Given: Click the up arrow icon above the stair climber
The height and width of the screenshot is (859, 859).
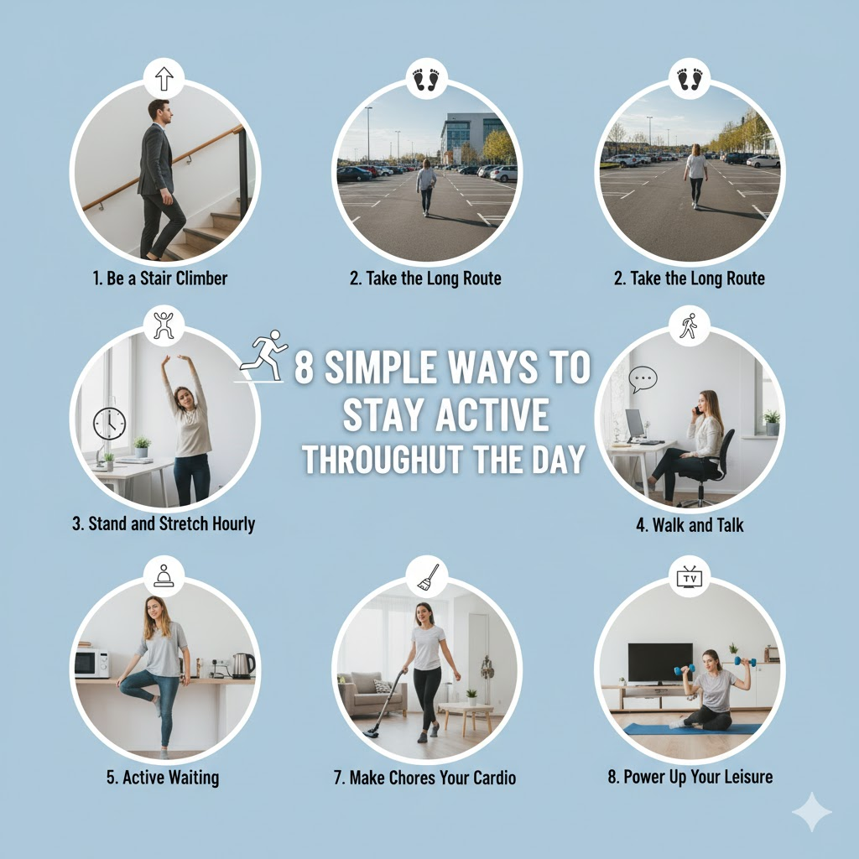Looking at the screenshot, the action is point(164,78).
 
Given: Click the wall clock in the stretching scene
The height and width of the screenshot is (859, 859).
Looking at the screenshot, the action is point(110,424).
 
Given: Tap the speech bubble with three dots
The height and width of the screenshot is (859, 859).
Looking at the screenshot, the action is point(643,379).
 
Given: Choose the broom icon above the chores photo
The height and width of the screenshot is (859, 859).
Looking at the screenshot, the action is point(428,577).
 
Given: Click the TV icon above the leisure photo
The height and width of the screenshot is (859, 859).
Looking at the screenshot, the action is point(690,577).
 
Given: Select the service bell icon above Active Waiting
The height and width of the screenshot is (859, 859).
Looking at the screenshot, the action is point(164,575).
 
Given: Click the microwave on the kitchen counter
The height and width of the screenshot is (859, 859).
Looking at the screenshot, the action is point(91,663).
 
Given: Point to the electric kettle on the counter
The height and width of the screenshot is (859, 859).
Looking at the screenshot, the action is point(242,665).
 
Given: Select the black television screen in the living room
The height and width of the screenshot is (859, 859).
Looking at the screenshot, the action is point(660,663).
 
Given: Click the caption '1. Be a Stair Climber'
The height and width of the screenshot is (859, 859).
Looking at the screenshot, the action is point(160,279).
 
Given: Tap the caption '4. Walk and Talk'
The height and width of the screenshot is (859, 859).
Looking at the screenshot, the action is point(690,525).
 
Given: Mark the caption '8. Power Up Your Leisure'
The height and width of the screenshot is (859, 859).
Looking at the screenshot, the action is point(690,777).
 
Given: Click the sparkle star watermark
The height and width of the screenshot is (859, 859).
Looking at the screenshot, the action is point(812,812).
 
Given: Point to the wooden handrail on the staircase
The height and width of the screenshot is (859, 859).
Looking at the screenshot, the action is point(164,167).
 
